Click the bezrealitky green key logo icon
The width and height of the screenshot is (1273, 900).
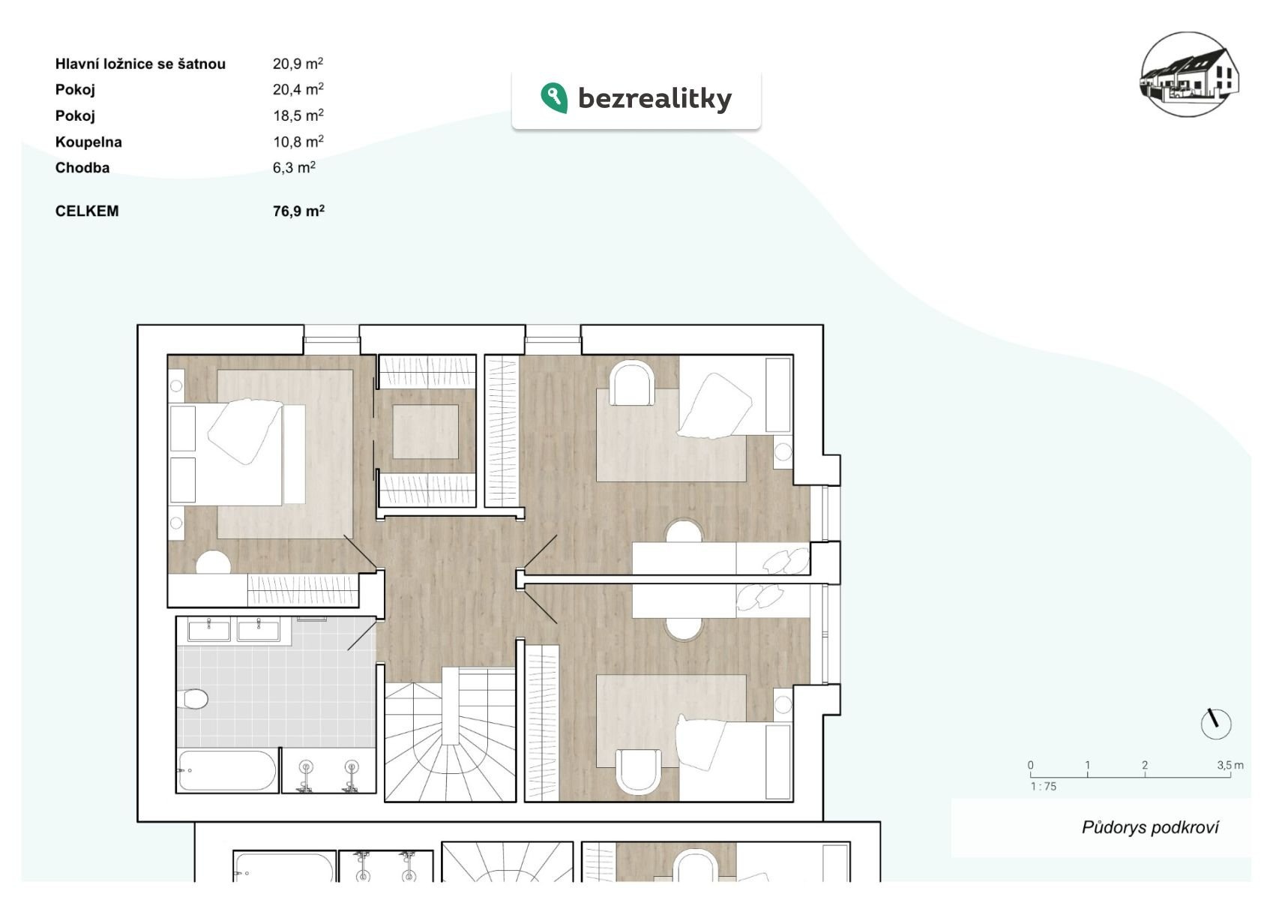click(x=554, y=97)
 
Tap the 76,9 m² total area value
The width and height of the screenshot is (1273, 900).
click(x=298, y=211)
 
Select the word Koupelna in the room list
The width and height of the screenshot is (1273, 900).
click(x=88, y=142)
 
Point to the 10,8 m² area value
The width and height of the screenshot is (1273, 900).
click(x=298, y=142)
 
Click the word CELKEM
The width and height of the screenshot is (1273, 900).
click(x=87, y=211)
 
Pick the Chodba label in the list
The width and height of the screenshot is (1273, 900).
click(x=82, y=168)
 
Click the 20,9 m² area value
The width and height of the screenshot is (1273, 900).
click(x=298, y=63)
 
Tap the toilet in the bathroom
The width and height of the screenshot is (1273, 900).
click(x=193, y=699)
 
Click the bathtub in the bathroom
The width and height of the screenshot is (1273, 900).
click(x=227, y=771)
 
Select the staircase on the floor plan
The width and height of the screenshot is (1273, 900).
click(x=450, y=734)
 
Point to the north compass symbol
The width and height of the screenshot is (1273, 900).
click(x=1215, y=724)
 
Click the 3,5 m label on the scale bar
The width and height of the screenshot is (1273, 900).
click(x=1230, y=765)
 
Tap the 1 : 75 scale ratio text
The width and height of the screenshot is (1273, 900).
click(x=1044, y=786)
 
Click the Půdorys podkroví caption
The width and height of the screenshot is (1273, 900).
click(x=1150, y=827)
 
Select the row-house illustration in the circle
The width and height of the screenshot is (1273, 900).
click(x=1190, y=74)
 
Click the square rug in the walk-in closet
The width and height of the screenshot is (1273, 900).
click(x=426, y=431)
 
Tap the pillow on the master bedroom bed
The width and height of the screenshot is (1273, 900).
click(x=245, y=430)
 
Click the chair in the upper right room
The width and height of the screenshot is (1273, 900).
click(x=631, y=384)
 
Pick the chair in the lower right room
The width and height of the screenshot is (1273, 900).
click(x=639, y=772)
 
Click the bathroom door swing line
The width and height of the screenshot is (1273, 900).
click(x=362, y=635)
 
